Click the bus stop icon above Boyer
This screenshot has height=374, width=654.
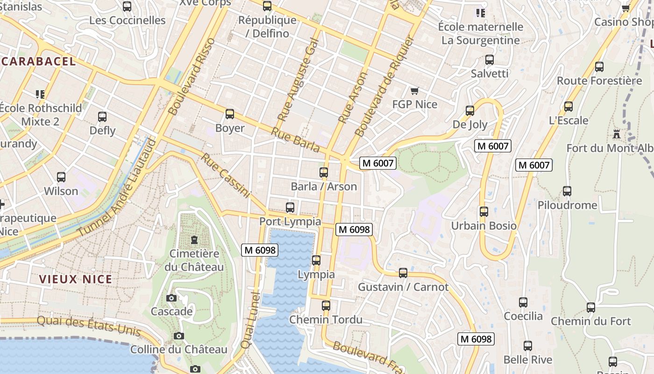(229, 114)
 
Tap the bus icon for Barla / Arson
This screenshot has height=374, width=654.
(324, 173)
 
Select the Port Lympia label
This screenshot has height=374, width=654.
(290, 221)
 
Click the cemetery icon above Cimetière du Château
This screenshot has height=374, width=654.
(194, 240)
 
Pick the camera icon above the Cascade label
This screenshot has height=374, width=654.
(171, 298)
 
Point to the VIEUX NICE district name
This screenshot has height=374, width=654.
(76, 280)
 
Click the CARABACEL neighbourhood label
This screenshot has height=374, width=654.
(38, 61)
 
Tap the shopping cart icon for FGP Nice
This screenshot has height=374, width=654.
(414, 91)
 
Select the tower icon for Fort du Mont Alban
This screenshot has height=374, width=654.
(617, 135)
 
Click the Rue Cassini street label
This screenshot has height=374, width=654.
(226, 175)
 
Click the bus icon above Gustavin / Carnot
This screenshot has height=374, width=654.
(403, 273)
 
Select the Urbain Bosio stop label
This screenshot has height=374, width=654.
(483, 226)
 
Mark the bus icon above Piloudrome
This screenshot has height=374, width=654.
(567, 191)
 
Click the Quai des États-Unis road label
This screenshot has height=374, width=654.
(89, 325)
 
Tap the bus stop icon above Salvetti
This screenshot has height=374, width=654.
(490, 60)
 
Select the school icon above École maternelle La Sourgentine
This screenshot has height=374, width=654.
(480, 13)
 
